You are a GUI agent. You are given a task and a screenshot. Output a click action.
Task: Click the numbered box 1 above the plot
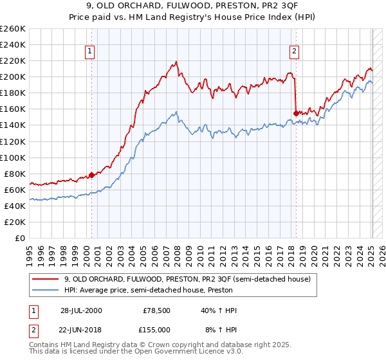(x=90, y=52)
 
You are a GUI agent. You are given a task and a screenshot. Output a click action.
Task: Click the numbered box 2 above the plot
(x=294, y=52)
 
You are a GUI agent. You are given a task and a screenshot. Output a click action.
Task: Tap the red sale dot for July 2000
(x=91, y=174)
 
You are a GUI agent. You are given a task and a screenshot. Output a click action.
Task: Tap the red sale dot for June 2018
(x=296, y=113)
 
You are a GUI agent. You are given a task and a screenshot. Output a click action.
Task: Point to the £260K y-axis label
(x=13, y=29)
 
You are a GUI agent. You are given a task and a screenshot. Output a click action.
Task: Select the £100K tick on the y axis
(x=13, y=157)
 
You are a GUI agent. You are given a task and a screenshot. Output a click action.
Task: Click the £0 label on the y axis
(x=20, y=238)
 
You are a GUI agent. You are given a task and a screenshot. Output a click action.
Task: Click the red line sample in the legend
(x=46, y=279)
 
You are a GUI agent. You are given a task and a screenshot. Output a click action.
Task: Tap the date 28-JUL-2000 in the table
(x=81, y=310)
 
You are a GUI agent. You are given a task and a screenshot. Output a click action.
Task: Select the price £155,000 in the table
(x=157, y=328)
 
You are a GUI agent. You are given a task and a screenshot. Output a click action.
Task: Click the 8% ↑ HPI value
(x=220, y=328)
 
